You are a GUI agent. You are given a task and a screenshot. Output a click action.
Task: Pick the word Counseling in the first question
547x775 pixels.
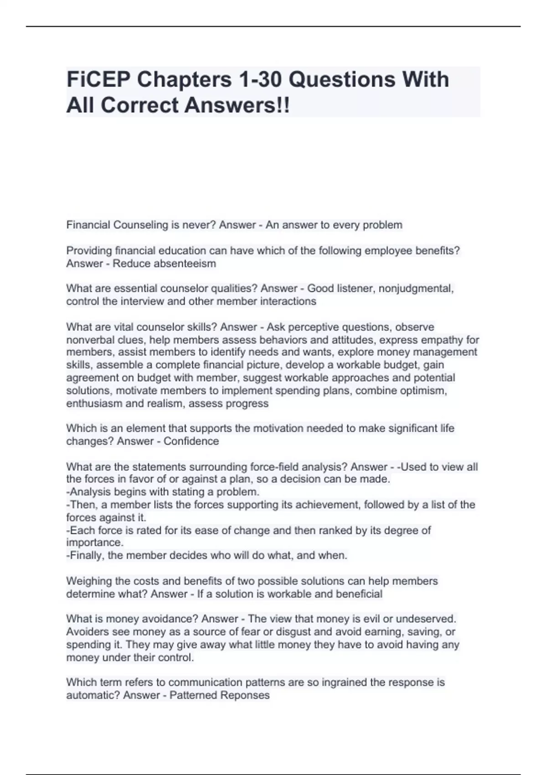pos(140,225)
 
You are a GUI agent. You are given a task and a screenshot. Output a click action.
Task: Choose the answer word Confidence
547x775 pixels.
pos(191,441)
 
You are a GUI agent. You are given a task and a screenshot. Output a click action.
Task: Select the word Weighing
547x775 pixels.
pos(88,581)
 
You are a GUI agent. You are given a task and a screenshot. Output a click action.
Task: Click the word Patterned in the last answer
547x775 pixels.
pos(194,695)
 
